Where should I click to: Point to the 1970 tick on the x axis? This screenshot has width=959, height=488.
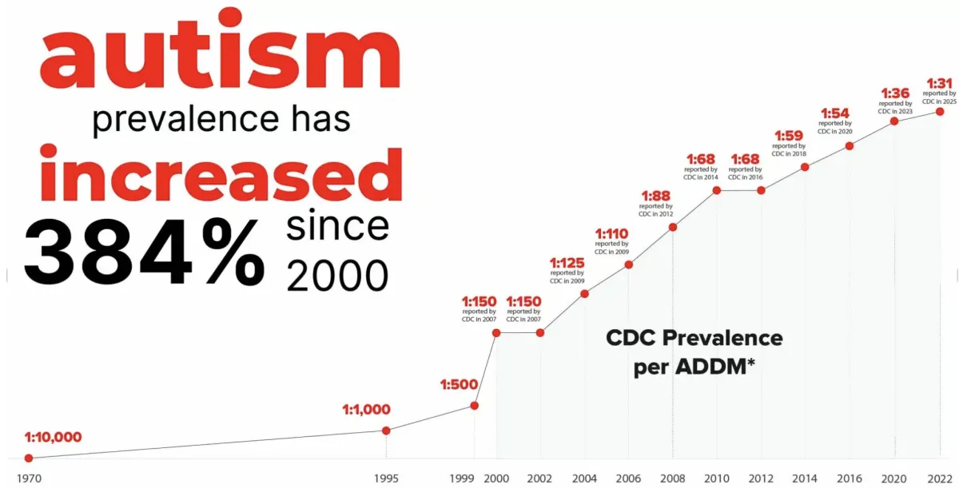(28, 478)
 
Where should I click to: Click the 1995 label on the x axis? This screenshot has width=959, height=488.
(387, 478)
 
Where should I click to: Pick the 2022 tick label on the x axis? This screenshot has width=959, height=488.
(940, 478)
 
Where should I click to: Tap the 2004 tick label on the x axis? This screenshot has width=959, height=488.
(584, 478)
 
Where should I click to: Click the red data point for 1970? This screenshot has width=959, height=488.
(29, 458)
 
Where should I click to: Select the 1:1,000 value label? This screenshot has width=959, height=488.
(367, 410)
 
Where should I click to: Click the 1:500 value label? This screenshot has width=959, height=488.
(458, 385)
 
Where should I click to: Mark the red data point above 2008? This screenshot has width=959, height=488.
(673, 227)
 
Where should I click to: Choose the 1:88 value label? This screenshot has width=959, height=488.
(655, 195)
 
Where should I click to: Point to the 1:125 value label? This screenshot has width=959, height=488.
(567, 262)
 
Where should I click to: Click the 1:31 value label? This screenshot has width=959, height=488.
(940, 82)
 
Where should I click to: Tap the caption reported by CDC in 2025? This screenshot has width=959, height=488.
(940, 97)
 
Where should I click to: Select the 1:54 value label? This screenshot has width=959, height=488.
(834, 113)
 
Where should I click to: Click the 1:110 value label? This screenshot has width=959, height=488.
(611, 233)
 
